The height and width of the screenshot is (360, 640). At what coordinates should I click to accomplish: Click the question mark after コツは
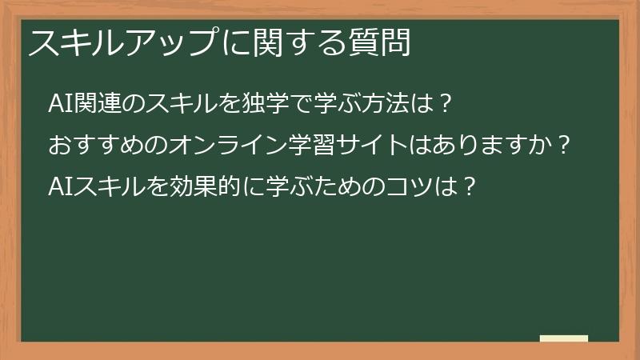[x=470, y=187]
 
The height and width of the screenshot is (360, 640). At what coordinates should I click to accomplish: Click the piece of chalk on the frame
[x=564, y=338]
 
